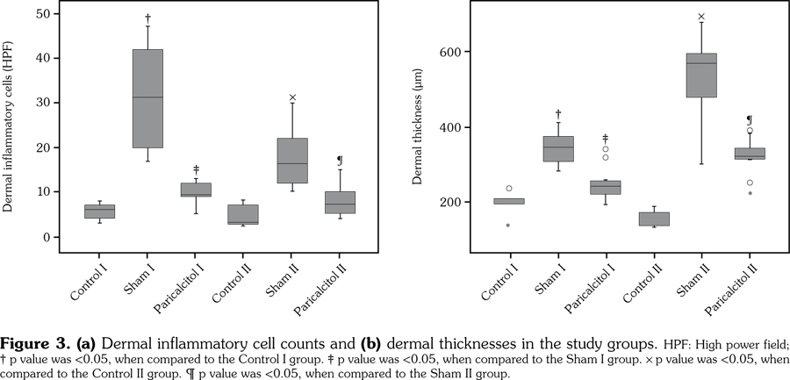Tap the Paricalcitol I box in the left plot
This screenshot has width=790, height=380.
pyautogui.click(x=196, y=190)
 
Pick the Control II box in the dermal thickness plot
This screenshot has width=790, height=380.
pyautogui.click(x=653, y=219)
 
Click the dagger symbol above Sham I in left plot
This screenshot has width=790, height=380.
pyautogui.click(x=147, y=18)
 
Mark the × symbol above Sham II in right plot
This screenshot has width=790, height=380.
pyautogui.click(x=701, y=17)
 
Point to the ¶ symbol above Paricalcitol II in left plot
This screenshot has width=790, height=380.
pyautogui.click(x=340, y=161)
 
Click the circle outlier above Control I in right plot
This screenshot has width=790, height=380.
pyautogui.click(x=509, y=188)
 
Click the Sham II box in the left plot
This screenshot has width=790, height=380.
pyautogui.click(x=292, y=161)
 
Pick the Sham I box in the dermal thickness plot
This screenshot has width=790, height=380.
pyautogui.click(x=557, y=149)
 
